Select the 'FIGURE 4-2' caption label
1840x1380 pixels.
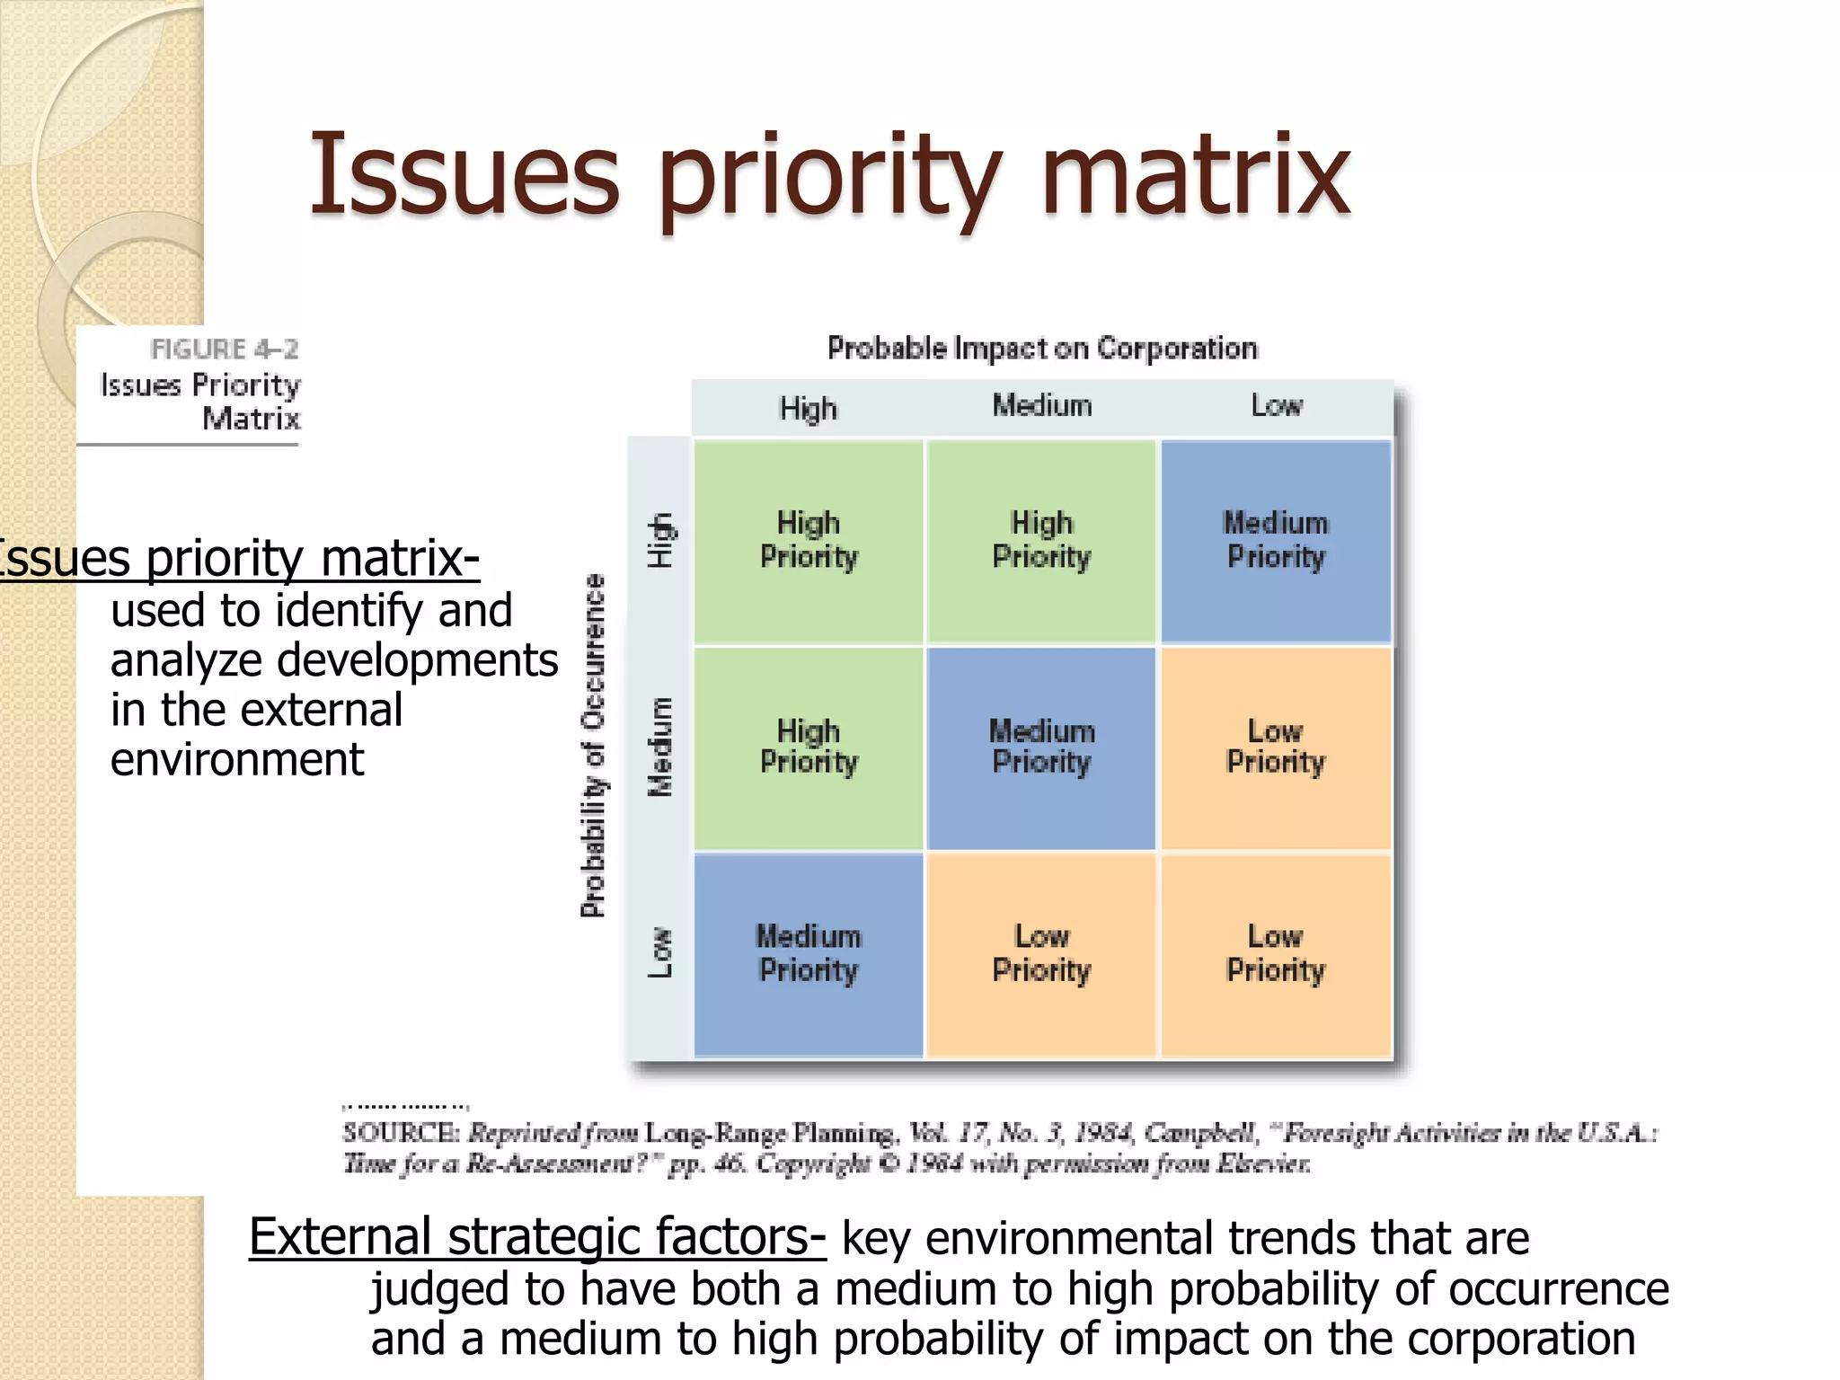224,349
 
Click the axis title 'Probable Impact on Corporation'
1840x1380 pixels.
1041,348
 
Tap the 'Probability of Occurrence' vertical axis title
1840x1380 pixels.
593,746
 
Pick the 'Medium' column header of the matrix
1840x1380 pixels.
1041,406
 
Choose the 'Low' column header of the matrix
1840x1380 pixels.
1276,406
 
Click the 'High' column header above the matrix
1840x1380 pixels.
808,409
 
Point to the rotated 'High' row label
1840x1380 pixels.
660,541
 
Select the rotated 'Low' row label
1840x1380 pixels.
660,952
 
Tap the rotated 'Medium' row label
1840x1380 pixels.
660,747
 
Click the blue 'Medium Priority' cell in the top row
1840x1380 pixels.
1276,541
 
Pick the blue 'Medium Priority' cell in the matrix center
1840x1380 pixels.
1041,747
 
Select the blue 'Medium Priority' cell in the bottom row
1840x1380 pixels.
808,954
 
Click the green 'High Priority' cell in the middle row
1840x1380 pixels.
808,747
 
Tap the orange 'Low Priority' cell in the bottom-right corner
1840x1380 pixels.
1276,954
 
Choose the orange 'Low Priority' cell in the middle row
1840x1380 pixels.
1276,747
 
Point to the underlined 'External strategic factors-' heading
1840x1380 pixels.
536,1237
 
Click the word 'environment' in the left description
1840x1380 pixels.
237,760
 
